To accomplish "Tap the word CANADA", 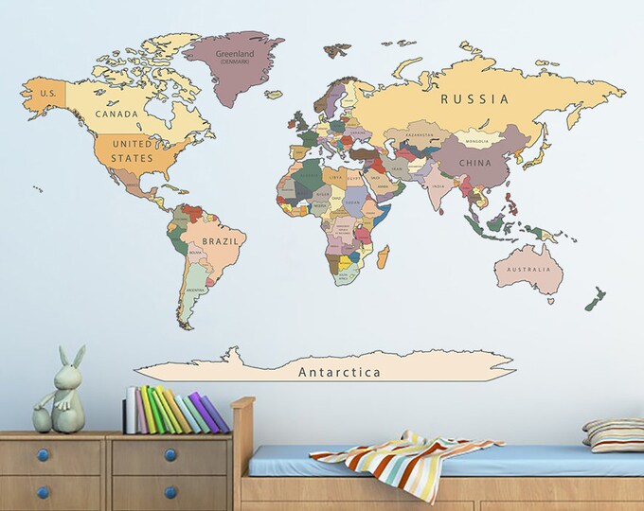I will coord(116,115).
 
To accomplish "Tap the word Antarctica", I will coord(339,372).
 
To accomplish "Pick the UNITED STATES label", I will coord(132,151).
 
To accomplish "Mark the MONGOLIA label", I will coord(476,142).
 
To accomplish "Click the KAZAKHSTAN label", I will coord(420,135).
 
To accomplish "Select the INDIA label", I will coord(437,185).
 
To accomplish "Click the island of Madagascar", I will coord(383,256).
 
